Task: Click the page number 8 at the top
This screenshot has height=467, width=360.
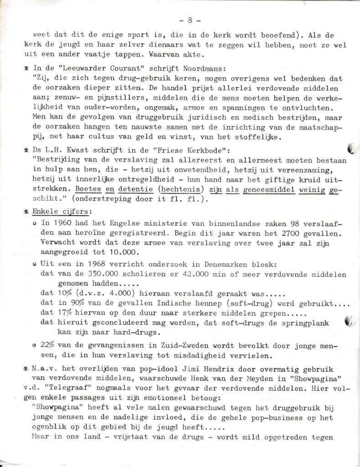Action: click(189, 21)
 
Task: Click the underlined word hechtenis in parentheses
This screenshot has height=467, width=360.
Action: click(183, 189)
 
